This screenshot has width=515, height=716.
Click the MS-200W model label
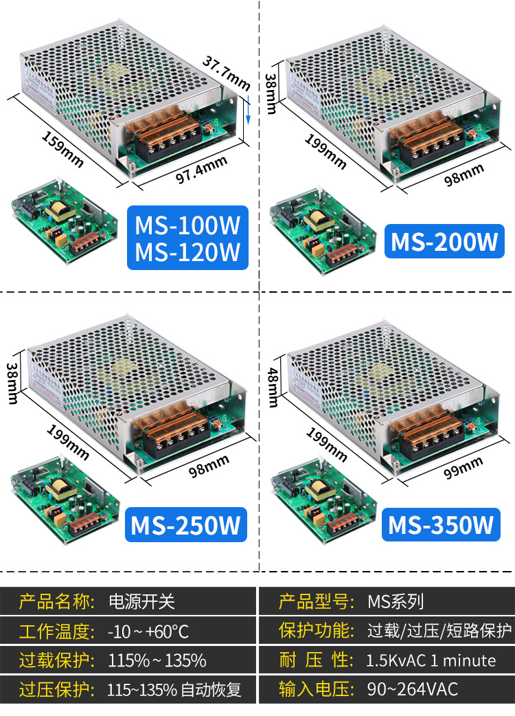point(444,243)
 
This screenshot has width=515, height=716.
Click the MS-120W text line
point(187,251)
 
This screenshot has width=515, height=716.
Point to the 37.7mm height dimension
point(226,71)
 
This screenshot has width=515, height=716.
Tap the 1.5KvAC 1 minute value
point(431,660)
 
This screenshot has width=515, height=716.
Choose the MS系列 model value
point(396,603)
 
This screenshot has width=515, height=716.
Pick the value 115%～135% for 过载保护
point(157,660)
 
